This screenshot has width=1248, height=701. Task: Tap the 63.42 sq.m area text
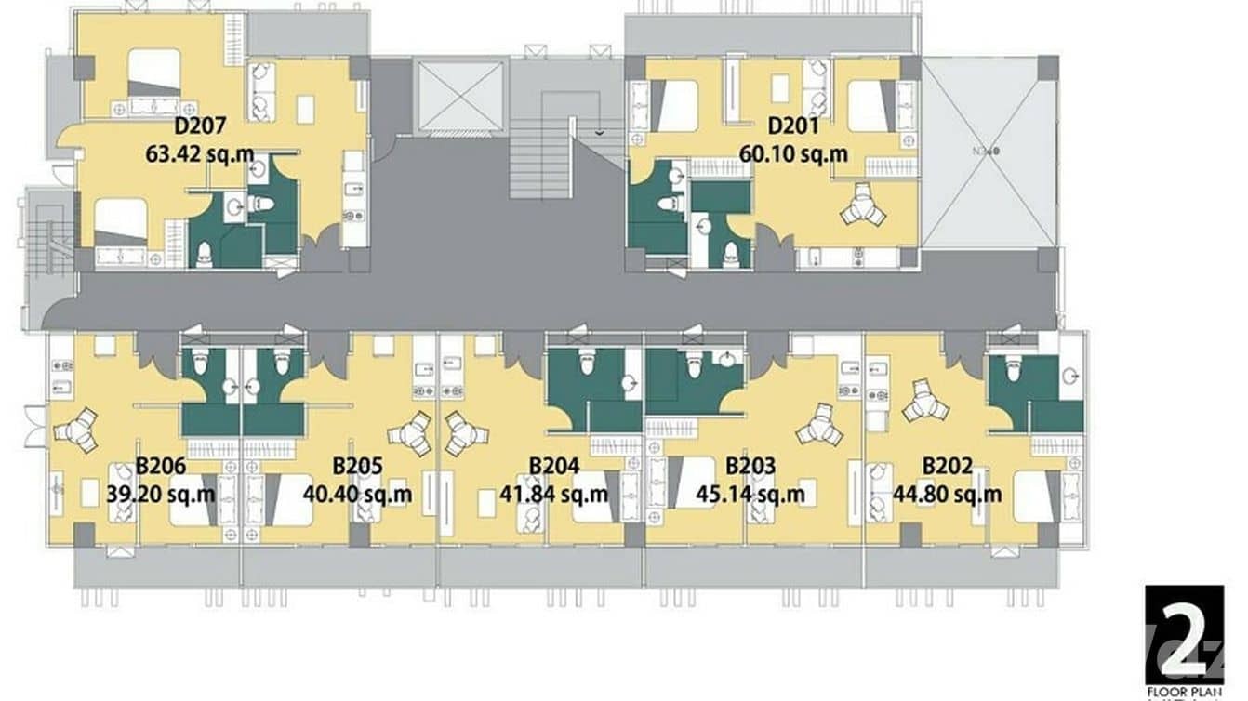[200, 152]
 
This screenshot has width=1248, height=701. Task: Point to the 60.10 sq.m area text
[793, 152]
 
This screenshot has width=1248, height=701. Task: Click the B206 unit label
[161, 467]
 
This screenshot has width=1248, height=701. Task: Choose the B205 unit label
[357, 467]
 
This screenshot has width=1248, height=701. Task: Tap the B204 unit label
[554, 467]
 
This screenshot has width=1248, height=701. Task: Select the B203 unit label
[750, 467]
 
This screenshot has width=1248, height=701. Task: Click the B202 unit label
[948, 467]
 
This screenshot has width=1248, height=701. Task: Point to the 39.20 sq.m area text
[161, 494]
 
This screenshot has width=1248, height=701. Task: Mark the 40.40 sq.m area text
[357, 494]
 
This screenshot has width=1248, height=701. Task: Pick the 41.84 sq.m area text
[554, 494]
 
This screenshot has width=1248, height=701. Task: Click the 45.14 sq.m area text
[750, 494]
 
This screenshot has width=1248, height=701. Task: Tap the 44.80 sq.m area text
[948, 494]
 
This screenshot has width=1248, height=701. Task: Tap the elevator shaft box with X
[460, 96]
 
